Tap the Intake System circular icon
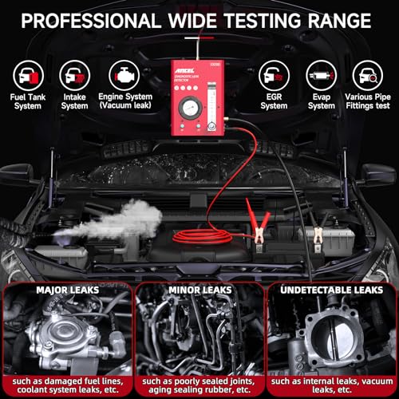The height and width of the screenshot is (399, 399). coord(74,76)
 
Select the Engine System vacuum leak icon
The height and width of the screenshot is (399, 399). coord(124,76)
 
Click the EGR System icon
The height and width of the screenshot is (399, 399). coord(274,76)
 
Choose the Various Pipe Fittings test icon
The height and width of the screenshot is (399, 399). coord(371,76)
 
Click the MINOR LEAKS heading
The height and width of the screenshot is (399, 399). coord(199,268)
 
